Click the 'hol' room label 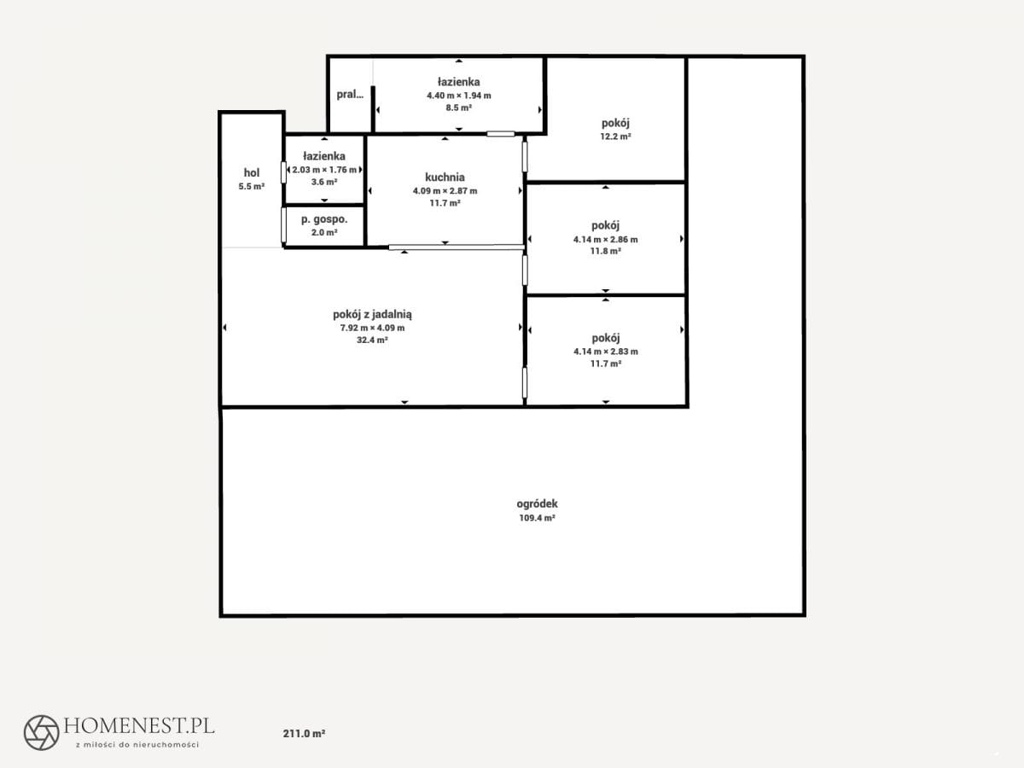252,172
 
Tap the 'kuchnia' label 445,177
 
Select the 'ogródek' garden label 537,504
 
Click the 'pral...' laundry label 350,94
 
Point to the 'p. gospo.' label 324,219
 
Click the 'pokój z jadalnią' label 372,315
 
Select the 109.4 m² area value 537,518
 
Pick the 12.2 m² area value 615,137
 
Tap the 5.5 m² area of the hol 252,187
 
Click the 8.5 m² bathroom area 458,108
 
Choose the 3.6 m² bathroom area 324,182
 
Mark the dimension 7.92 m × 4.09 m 372,328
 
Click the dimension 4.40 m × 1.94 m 458,96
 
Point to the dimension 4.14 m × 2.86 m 606,240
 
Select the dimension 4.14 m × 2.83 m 606,352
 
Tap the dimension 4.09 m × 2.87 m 445,190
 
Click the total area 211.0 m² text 304,734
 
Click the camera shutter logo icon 42,732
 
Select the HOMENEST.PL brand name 139,725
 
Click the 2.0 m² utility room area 324,233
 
